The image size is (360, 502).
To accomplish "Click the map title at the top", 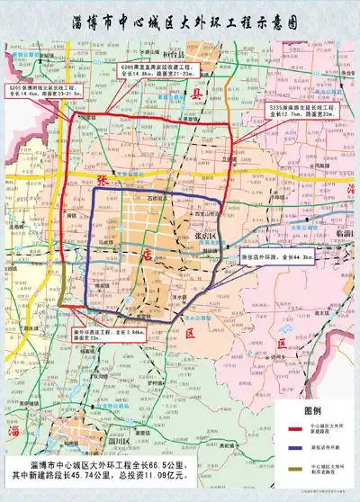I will pyautogui.click(x=180, y=22).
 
